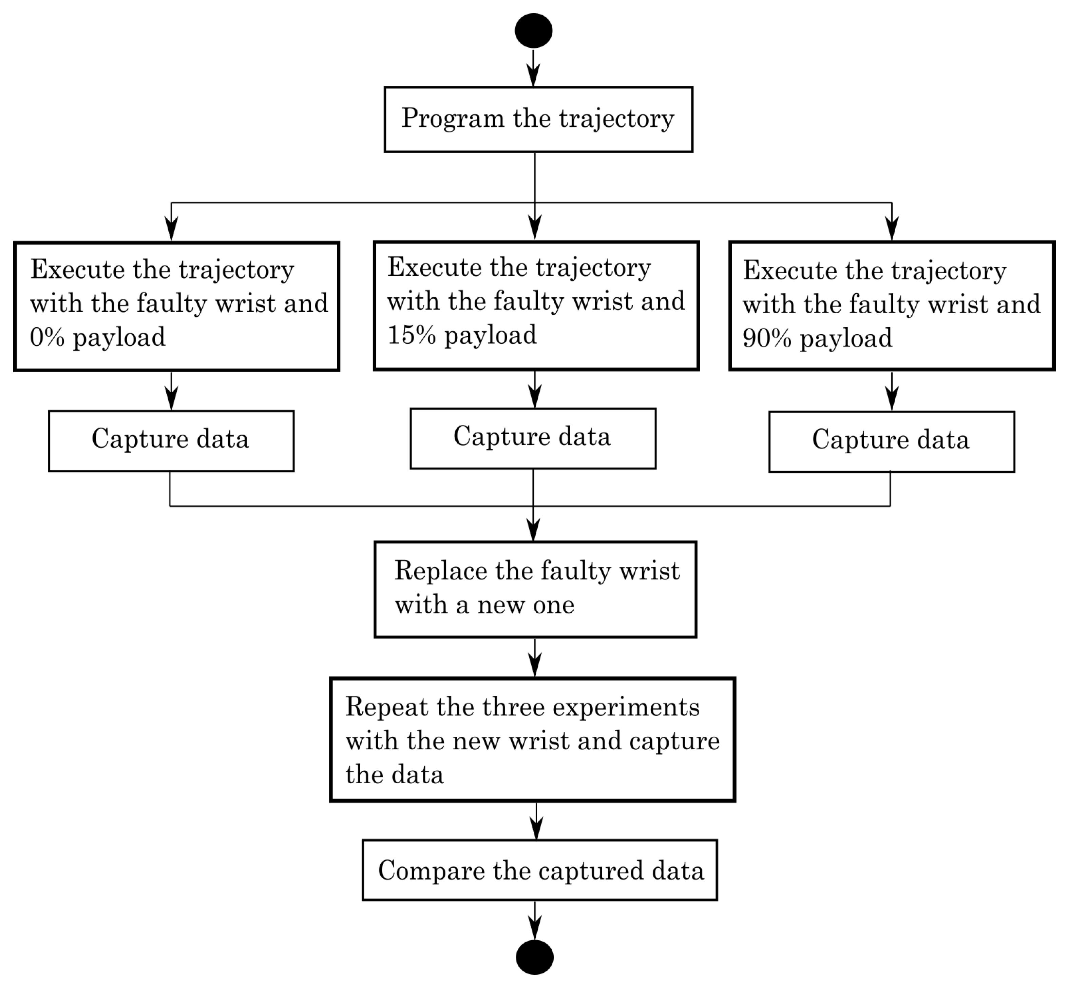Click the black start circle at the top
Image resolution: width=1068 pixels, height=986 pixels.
[533, 31]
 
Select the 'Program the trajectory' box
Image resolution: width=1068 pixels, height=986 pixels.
[538, 119]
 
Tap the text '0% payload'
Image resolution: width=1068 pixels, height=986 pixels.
[98, 338]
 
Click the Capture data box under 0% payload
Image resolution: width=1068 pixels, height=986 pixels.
[171, 441]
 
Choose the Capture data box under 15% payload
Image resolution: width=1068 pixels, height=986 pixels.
[533, 438]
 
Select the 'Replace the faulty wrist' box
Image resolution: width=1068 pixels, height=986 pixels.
[535, 589]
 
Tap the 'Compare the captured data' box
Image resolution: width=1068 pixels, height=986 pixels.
[539, 871]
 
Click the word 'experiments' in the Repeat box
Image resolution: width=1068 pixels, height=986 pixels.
[626, 708]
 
